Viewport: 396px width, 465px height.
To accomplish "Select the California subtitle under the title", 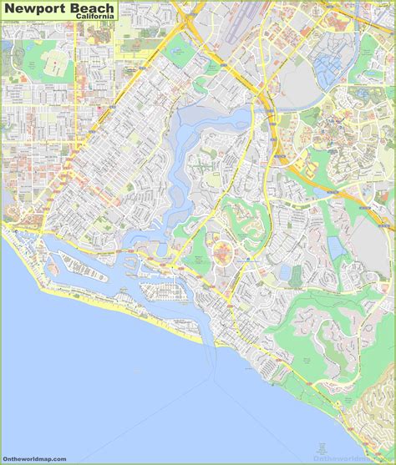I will (95, 20).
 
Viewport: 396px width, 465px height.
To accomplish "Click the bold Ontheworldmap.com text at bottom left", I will (33, 457).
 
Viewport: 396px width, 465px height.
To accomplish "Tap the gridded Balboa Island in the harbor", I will (164, 289).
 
